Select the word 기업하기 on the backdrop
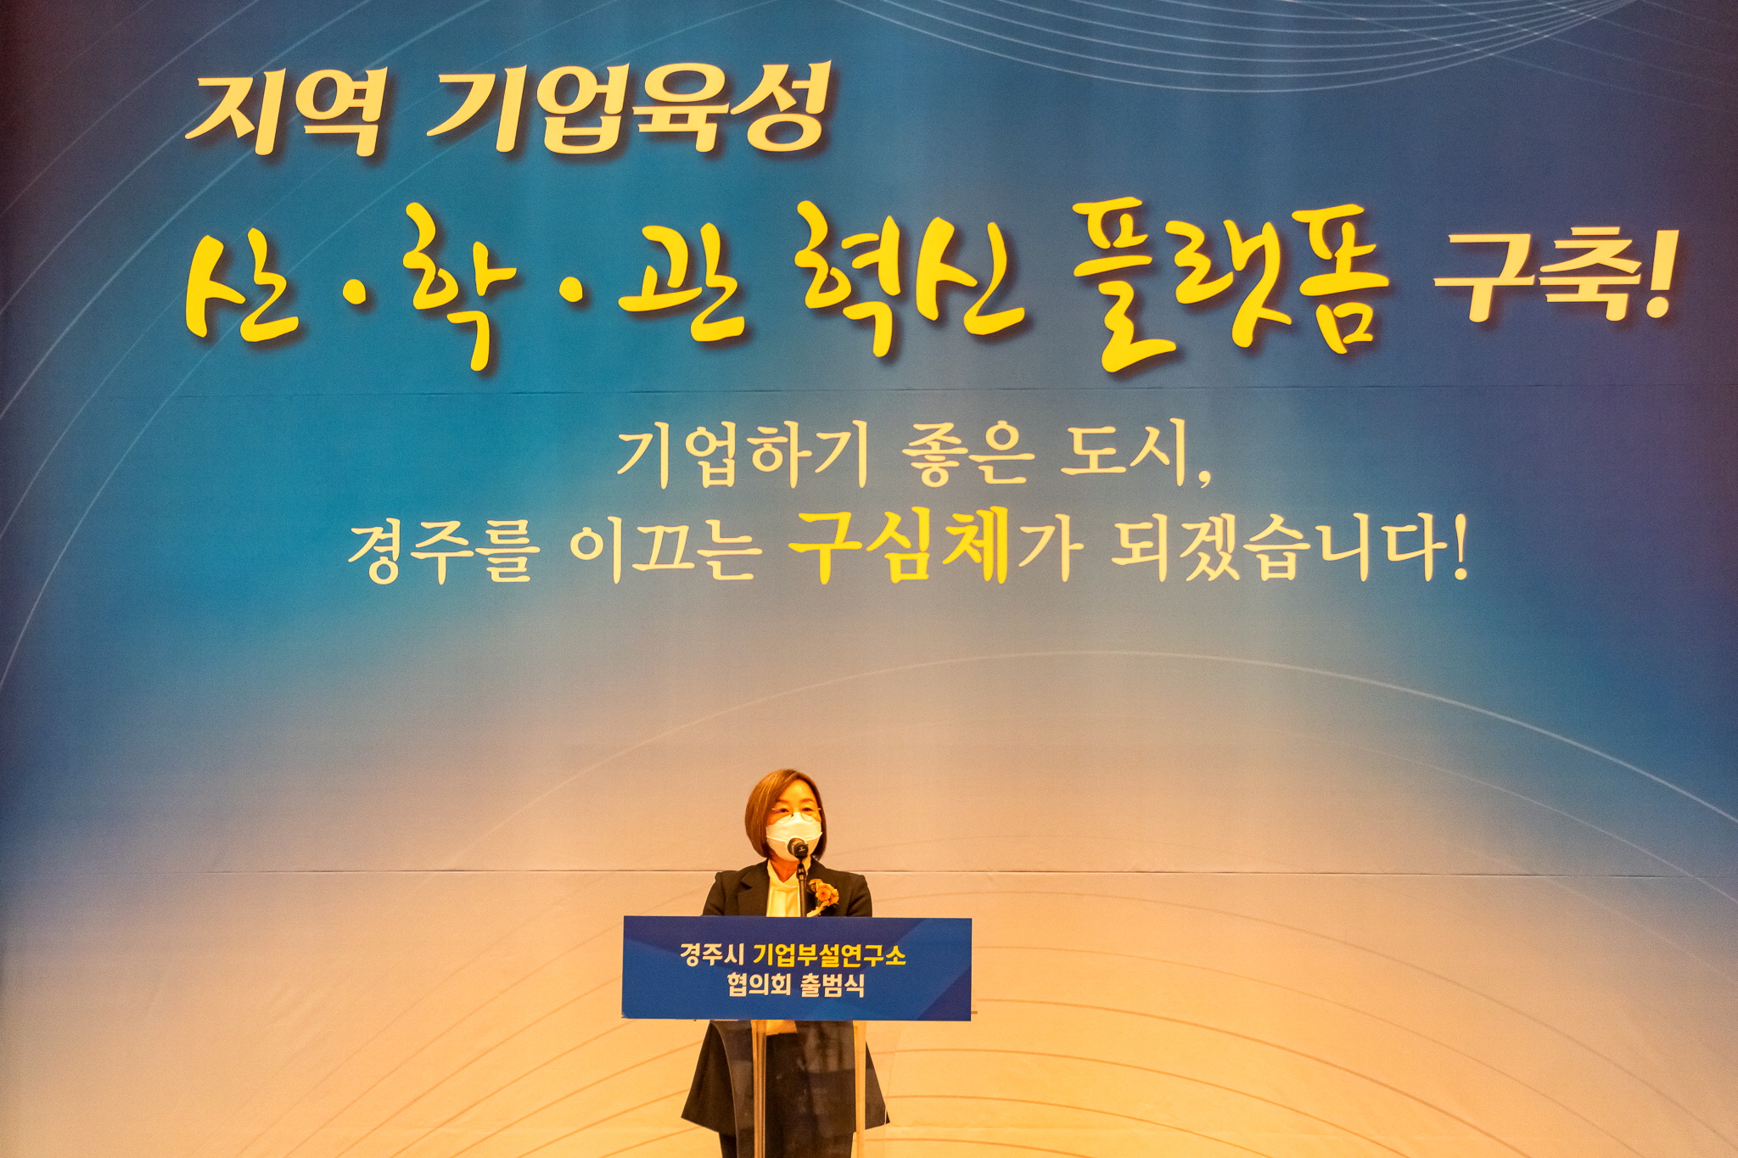point(743,457)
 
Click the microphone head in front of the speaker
point(798,847)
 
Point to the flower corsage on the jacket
point(821,893)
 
